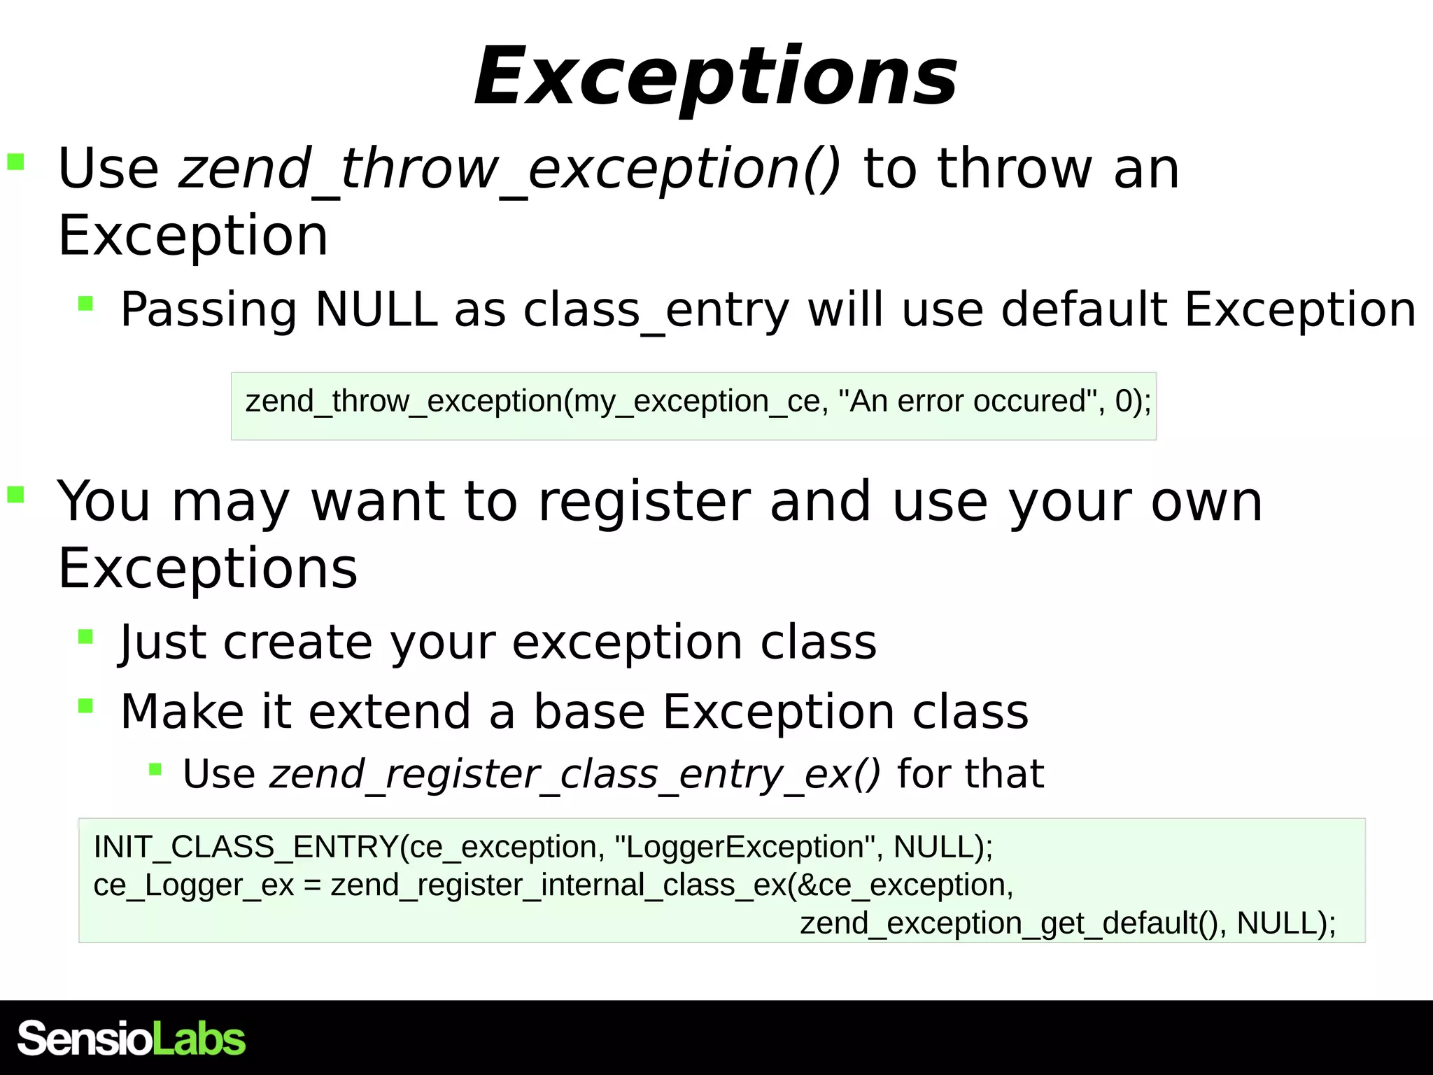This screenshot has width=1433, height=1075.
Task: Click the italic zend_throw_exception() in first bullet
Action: tap(509, 169)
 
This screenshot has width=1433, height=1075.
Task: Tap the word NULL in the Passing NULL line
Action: tap(376, 309)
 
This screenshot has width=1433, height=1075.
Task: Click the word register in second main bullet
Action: tap(644, 502)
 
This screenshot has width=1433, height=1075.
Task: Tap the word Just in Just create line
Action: tap(162, 642)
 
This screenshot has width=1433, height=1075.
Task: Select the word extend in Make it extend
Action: tap(389, 712)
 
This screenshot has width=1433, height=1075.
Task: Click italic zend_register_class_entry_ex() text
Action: tap(574, 775)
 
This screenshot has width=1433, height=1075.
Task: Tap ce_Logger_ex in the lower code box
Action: tap(193, 885)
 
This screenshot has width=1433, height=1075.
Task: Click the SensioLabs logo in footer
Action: tap(132, 1038)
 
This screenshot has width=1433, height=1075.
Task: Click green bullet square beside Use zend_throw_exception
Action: tap(15, 162)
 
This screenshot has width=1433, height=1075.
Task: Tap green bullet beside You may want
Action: tap(15, 495)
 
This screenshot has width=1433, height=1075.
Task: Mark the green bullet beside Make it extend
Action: tap(85, 705)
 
